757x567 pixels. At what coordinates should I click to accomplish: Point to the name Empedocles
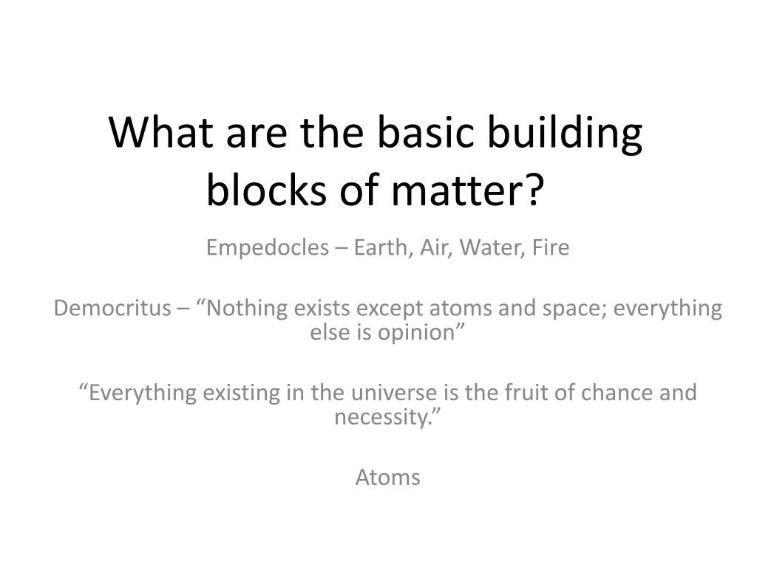pos(266,248)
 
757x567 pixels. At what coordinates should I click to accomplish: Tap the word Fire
pos(551,248)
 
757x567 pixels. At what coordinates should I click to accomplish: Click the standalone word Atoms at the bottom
pos(387,478)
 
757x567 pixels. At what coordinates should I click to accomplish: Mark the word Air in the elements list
pos(435,248)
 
